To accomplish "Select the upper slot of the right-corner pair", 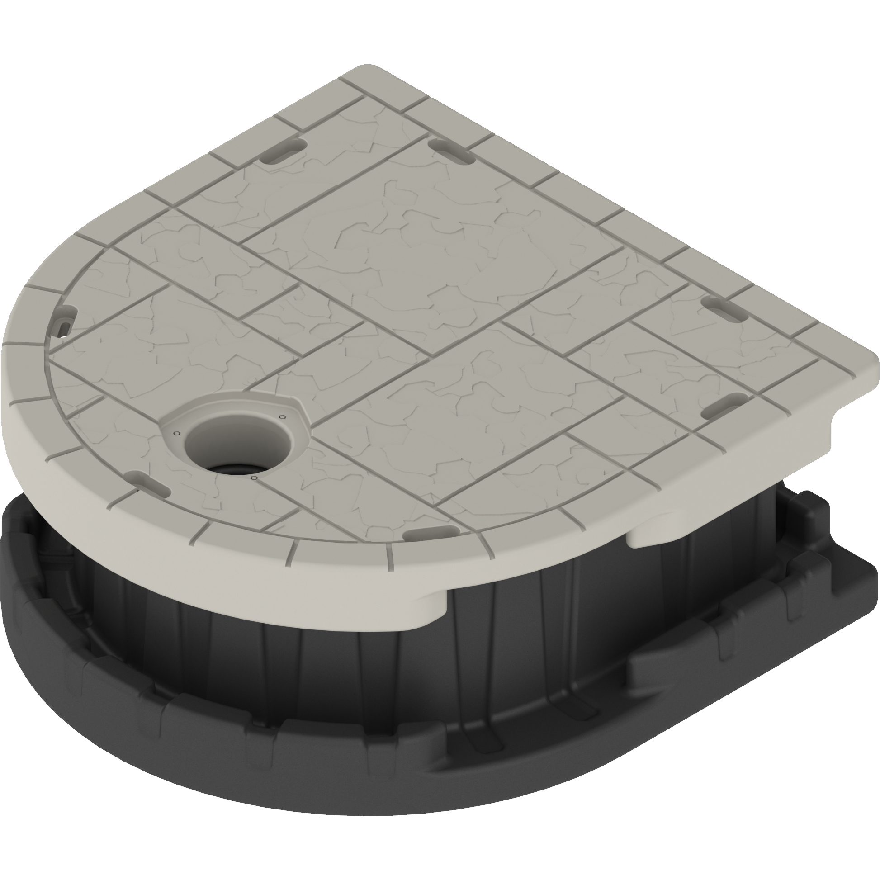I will coord(727,304).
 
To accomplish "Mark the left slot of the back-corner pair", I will coord(284,150).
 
